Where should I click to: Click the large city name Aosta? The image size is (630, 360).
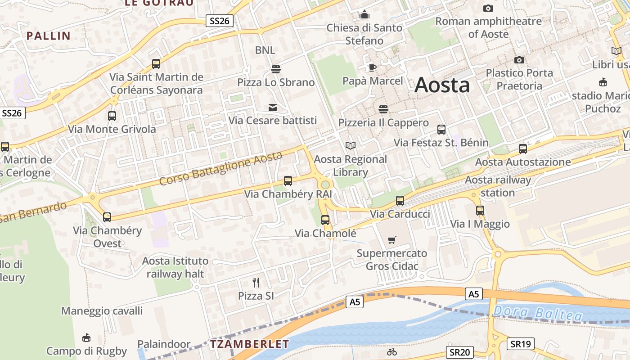pyautogui.click(x=442, y=85)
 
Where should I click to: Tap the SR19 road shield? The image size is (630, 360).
pyautogui.click(x=521, y=344)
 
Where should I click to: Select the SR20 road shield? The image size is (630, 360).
pyautogui.click(x=461, y=352)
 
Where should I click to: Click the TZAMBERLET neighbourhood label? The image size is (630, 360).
pyautogui.click(x=249, y=345)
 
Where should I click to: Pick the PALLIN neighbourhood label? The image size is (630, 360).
pyautogui.click(x=49, y=36)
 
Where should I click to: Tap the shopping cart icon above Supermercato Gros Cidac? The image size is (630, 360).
pyautogui.click(x=392, y=240)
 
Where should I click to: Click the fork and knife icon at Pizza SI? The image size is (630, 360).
pyautogui.click(x=256, y=283)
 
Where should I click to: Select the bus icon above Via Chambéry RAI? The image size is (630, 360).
pyautogui.click(x=288, y=181)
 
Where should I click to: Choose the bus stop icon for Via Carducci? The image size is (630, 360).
pyautogui.click(x=400, y=201)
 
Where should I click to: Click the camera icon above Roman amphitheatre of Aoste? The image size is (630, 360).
pyautogui.click(x=488, y=8)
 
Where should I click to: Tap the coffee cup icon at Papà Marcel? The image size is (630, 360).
pyautogui.click(x=372, y=68)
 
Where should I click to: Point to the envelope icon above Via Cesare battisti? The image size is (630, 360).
pyautogui.click(x=273, y=108)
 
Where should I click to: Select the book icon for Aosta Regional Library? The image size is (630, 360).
pyautogui.click(x=350, y=146)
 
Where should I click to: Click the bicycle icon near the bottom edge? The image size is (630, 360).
pyautogui.click(x=392, y=352)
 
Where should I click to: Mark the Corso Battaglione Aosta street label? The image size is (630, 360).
pyautogui.click(x=221, y=168)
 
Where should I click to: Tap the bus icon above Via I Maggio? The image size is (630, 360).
pyautogui.click(x=480, y=211)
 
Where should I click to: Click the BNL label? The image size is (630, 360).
pyautogui.click(x=265, y=50)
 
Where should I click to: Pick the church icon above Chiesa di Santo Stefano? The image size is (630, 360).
pyautogui.click(x=364, y=14)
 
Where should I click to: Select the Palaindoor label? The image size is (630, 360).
pyautogui.click(x=164, y=344)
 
